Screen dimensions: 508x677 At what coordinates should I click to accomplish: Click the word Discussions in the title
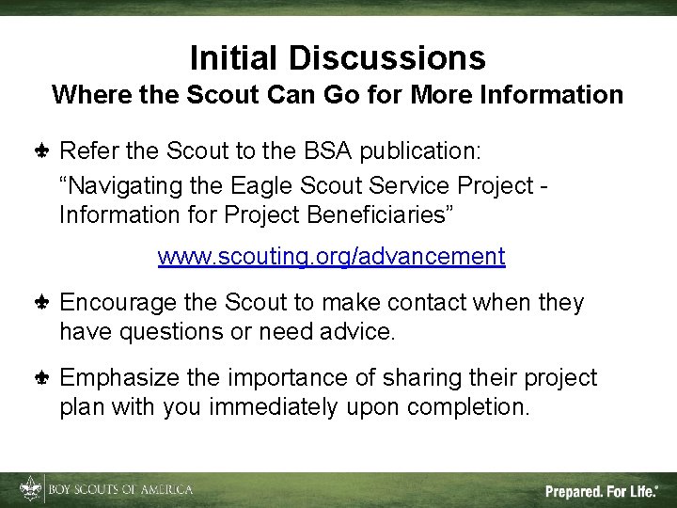[x=388, y=58]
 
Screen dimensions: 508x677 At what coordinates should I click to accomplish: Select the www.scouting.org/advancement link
[x=331, y=256]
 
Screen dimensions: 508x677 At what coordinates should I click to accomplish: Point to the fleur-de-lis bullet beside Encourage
[x=41, y=303]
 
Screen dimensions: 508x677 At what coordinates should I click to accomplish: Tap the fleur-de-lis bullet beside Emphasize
[x=41, y=378]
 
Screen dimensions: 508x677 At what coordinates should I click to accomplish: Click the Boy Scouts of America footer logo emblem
[x=31, y=489]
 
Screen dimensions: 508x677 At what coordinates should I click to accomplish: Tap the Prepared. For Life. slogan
[x=600, y=490]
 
